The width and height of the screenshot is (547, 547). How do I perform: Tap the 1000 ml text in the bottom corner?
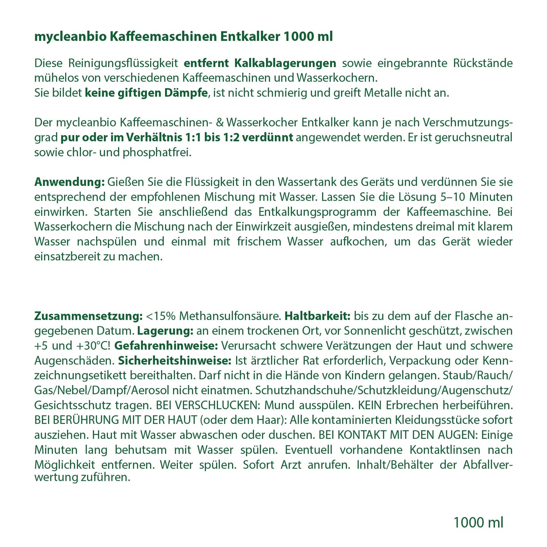point(478,522)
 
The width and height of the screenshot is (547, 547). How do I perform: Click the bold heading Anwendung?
point(69,182)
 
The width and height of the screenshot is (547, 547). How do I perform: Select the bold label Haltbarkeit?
point(318,316)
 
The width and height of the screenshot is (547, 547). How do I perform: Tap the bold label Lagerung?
point(165,330)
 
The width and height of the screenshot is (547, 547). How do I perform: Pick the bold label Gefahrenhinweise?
point(166,346)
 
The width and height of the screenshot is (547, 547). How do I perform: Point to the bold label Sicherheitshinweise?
point(175,360)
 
